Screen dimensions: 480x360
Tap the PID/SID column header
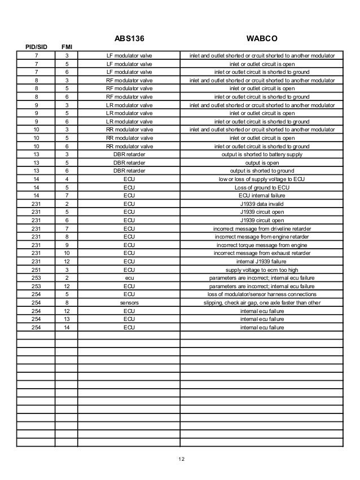[36, 47]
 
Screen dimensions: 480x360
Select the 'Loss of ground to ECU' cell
[262, 187]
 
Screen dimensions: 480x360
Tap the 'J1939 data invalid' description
[262, 204]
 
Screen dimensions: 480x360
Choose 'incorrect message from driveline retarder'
[262, 228]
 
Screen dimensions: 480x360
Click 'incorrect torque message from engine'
[262, 245]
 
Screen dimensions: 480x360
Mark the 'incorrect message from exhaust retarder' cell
[262, 253]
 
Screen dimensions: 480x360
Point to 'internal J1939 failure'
[262, 261]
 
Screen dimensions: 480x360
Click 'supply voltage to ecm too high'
[262, 270]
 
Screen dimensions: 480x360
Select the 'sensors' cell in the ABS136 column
[129, 302]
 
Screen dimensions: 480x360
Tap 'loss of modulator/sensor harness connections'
[262, 294]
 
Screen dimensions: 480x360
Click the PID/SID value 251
[36, 270]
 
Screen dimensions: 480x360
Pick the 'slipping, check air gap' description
[262, 302]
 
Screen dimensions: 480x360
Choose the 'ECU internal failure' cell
[262, 196]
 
